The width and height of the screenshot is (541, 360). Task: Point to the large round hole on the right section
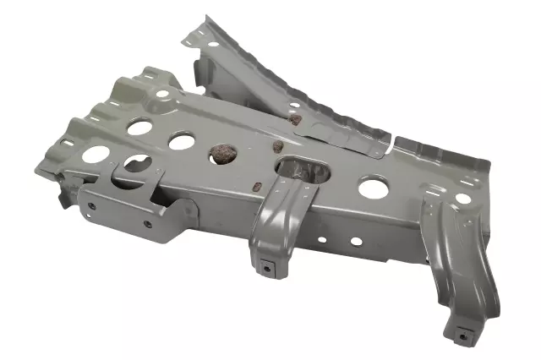click(373, 186)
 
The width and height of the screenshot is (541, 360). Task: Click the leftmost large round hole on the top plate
click(96, 155)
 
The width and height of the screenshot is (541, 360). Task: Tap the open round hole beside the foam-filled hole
click(181, 141)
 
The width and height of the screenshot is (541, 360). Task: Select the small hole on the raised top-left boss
click(161, 94)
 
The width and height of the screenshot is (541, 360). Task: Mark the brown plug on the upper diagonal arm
click(294, 119)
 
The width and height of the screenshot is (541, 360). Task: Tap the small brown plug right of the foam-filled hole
click(276, 145)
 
